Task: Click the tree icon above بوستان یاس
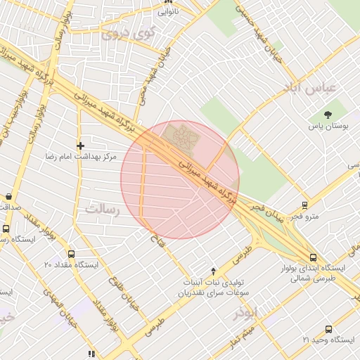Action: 328,115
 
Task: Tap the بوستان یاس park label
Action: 327,127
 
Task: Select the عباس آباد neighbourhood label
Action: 310,88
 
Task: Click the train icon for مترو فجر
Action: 304,205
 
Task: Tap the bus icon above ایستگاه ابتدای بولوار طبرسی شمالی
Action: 313,257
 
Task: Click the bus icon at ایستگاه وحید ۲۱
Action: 328,329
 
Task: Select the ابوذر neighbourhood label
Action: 245,312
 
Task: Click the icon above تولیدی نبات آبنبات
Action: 214,271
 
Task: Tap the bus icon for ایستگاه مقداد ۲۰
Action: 70,253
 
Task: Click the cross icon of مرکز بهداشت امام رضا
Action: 81,145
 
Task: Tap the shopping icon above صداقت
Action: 8,197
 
